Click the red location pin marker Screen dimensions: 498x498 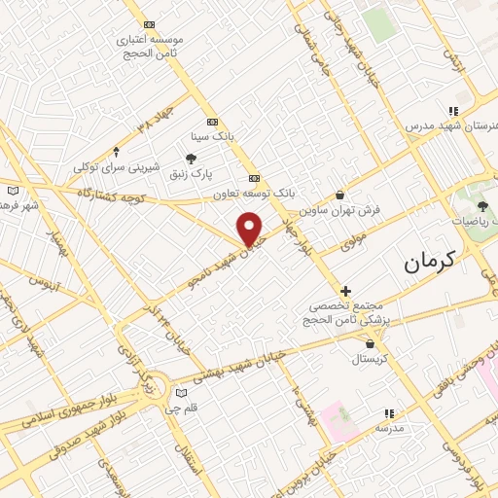[252, 229]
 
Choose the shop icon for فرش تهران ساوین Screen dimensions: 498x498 [339, 195]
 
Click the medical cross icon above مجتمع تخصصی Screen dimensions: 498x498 [345, 290]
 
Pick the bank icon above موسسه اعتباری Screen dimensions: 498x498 [149, 24]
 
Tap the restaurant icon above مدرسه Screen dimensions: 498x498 [389, 412]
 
